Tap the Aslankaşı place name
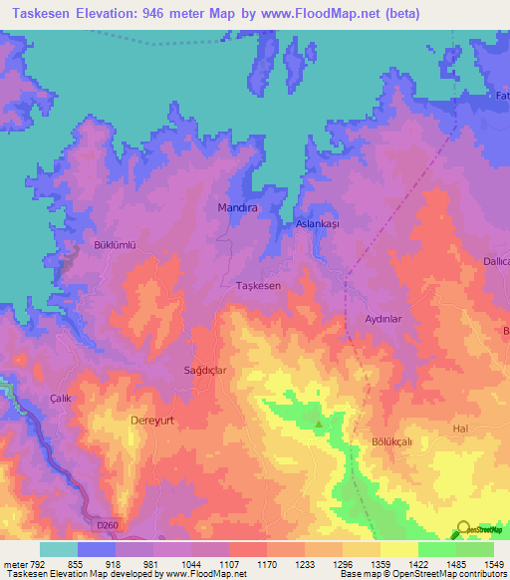pyautogui.click(x=318, y=225)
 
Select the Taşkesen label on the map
pyautogui.click(x=257, y=286)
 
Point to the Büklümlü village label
pyautogui.click(x=113, y=245)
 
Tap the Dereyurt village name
pyautogui.click(x=152, y=421)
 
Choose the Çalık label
pyautogui.click(x=62, y=398)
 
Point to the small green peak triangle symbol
pyautogui.click(x=319, y=425)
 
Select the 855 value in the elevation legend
pyautogui.click(x=77, y=564)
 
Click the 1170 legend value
pyautogui.click(x=267, y=564)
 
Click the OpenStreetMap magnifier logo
pyautogui.click(x=464, y=529)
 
